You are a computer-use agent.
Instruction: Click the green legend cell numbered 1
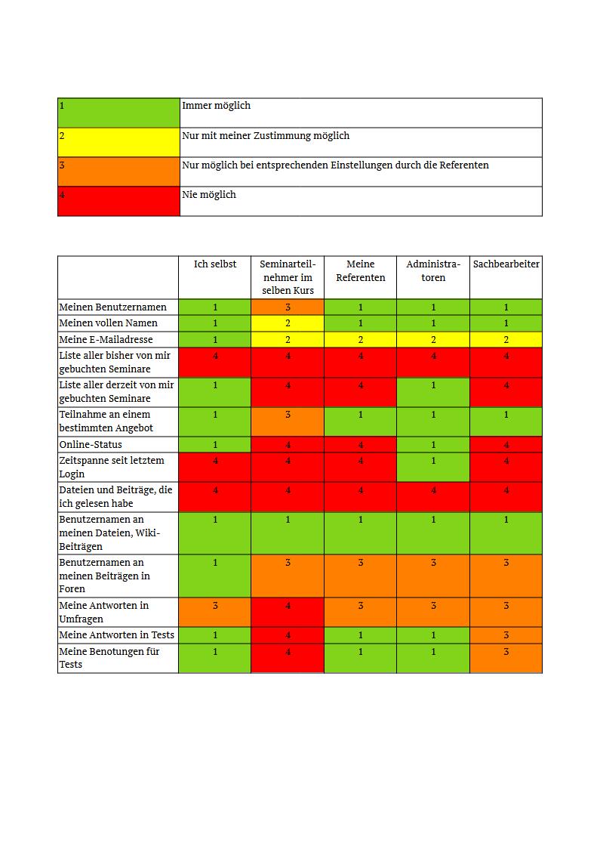click(118, 113)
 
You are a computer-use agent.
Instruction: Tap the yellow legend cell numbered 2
click(118, 142)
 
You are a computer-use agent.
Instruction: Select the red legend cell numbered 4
click(118, 201)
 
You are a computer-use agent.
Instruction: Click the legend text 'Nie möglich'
click(209, 195)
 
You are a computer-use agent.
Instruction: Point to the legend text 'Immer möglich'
click(216, 106)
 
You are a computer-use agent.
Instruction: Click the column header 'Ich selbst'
click(215, 264)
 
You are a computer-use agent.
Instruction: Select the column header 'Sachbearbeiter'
click(506, 264)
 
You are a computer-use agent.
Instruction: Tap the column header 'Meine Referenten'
click(361, 270)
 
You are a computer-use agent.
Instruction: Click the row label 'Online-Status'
click(91, 445)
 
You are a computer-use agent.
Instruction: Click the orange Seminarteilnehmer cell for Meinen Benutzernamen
click(288, 307)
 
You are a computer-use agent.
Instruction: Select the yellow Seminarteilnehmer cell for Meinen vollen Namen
click(288, 323)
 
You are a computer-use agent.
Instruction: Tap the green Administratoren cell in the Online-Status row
click(433, 445)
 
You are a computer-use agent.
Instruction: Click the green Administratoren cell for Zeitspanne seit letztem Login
click(433, 467)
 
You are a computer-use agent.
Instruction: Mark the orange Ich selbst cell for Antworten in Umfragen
click(215, 612)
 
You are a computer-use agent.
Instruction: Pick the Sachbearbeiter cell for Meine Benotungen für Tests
click(506, 658)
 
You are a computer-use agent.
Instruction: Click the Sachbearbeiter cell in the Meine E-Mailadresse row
click(506, 340)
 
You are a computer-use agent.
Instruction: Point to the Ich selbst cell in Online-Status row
click(215, 445)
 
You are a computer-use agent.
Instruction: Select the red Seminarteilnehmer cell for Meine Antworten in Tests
click(288, 635)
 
